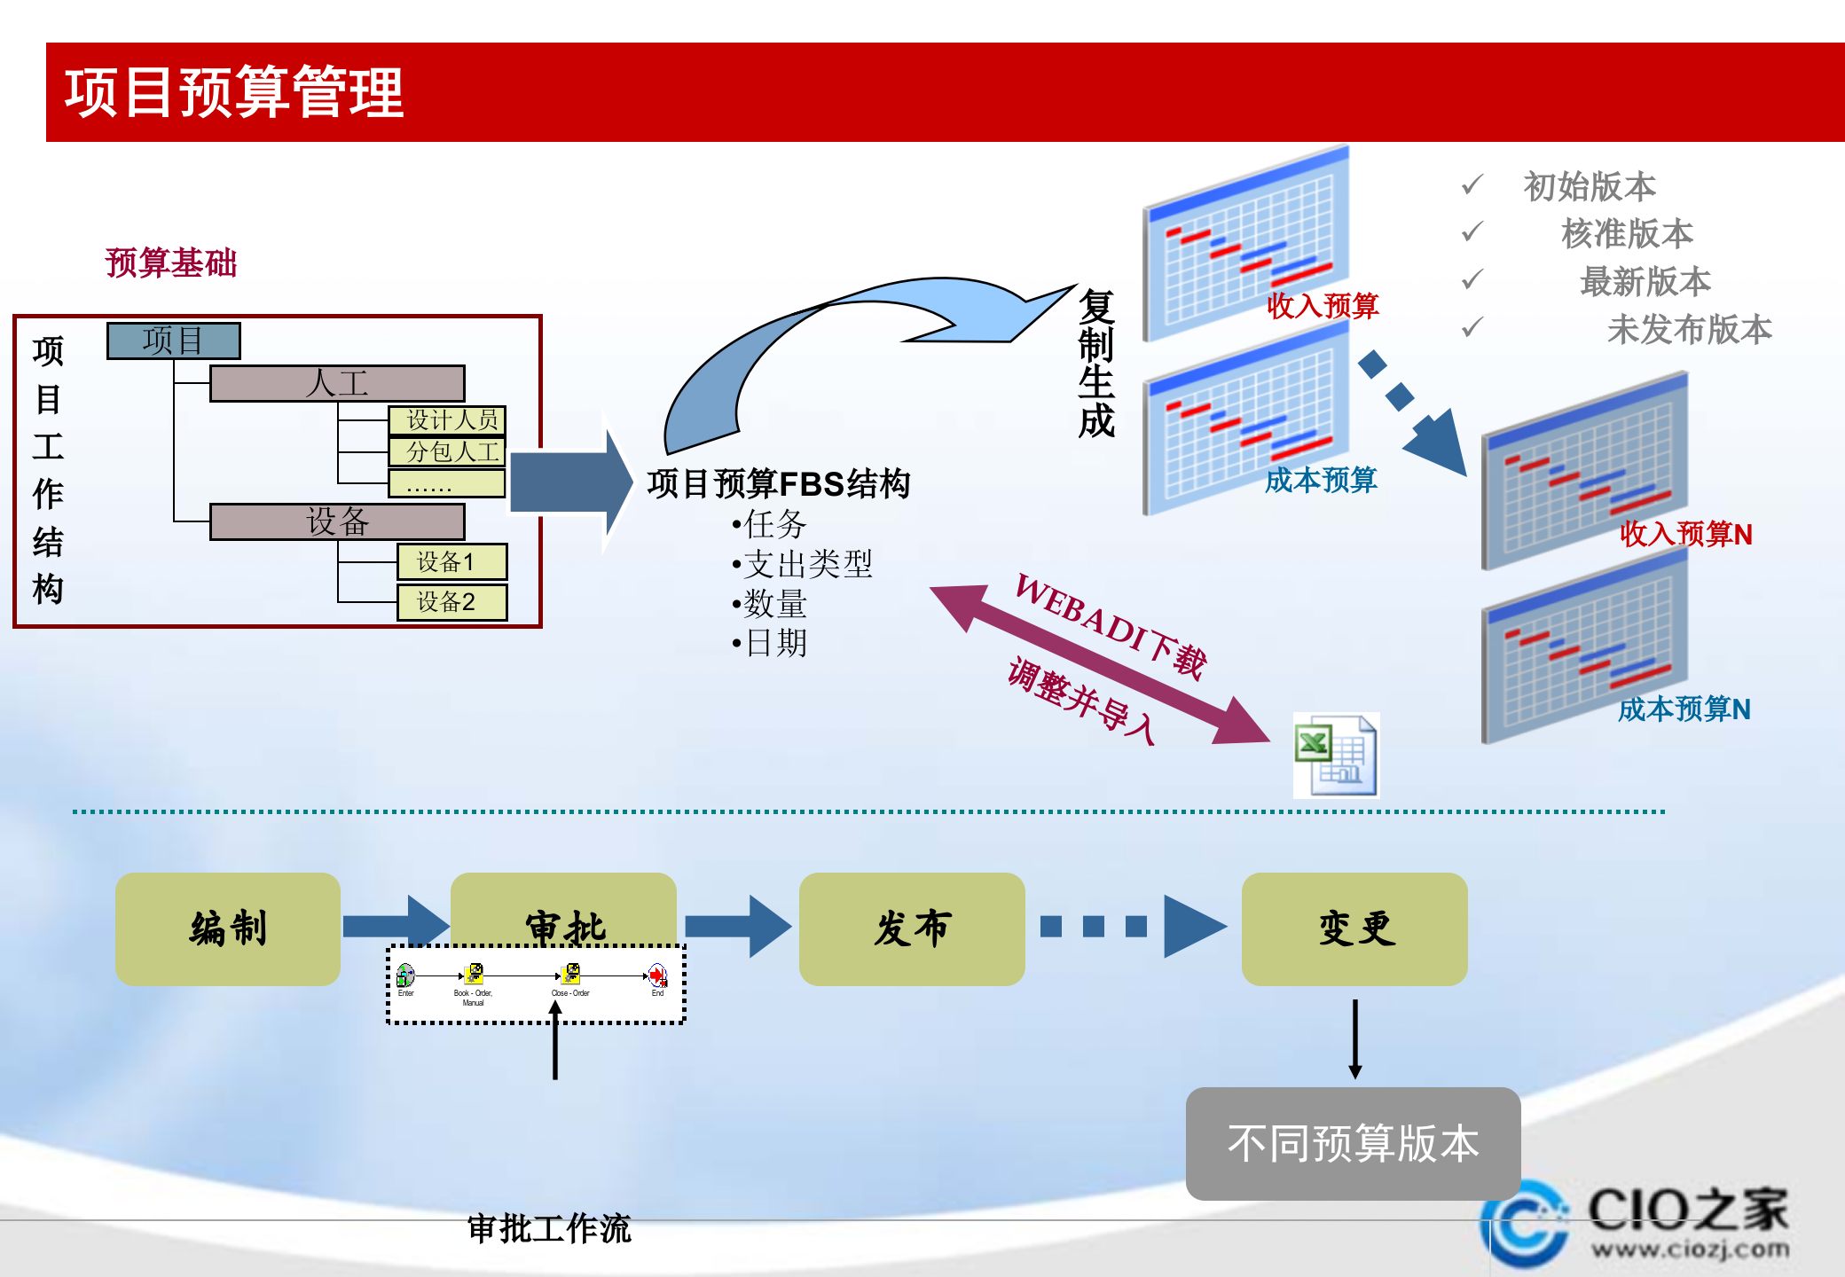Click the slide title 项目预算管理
pos(234,92)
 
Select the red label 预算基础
pos(171,262)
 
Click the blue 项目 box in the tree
pos(173,341)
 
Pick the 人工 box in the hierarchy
pos(337,384)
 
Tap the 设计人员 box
pos(448,419)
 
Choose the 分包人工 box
pos(448,451)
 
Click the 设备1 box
pos(451,561)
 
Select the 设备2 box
pos(451,602)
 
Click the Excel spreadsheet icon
pos(1336,756)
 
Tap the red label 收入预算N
pos(1685,534)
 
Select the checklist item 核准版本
pos(1627,234)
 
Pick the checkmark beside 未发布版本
pos(1472,328)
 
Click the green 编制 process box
pos(228,928)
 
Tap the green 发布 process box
pos(911,928)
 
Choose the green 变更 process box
pos(1354,928)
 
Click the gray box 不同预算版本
pos(1353,1143)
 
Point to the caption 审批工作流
pos(548,1228)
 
